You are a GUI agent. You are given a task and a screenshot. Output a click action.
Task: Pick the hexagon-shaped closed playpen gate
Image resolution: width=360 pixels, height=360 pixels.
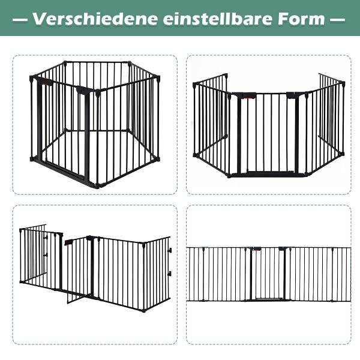pos(95,125)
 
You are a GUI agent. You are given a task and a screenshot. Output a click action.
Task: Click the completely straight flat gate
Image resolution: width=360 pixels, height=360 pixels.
pos(268,274)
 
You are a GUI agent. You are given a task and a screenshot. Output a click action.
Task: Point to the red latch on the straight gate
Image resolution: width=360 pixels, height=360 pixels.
pos(257,248)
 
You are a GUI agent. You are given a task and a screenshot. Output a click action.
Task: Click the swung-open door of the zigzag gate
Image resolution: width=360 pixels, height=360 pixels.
pos(78,270)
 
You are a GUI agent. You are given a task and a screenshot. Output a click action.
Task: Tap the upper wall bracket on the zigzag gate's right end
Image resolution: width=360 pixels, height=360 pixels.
pos(170,250)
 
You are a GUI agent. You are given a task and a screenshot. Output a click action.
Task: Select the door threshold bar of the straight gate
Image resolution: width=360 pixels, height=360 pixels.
pos(268,298)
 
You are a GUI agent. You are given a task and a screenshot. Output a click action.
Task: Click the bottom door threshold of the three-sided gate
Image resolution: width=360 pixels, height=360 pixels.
pos(268,173)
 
